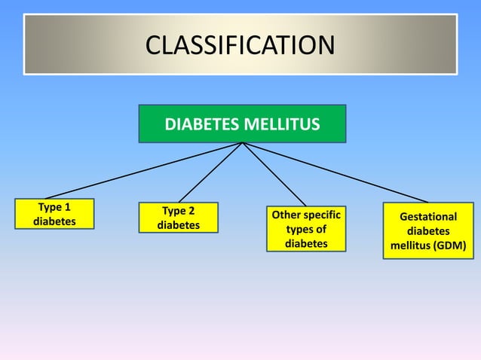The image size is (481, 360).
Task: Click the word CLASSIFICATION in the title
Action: (x=240, y=45)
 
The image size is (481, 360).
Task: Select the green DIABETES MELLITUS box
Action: (x=242, y=124)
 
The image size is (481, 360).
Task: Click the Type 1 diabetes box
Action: (x=54, y=213)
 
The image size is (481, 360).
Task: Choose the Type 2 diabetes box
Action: (x=179, y=218)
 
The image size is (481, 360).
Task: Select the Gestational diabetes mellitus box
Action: (x=428, y=231)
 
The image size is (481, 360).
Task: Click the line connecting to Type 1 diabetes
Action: (x=143, y=171)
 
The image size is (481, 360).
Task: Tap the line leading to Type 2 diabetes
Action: (x=210, y=172)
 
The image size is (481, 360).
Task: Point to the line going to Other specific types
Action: (x=274, y=174)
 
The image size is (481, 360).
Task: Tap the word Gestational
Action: (x=428, y=217)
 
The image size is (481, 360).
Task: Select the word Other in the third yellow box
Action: (x=285, y=215)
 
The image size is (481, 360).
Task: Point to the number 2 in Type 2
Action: (x=191, y=211)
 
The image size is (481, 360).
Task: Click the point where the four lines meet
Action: (x=242, y=143)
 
